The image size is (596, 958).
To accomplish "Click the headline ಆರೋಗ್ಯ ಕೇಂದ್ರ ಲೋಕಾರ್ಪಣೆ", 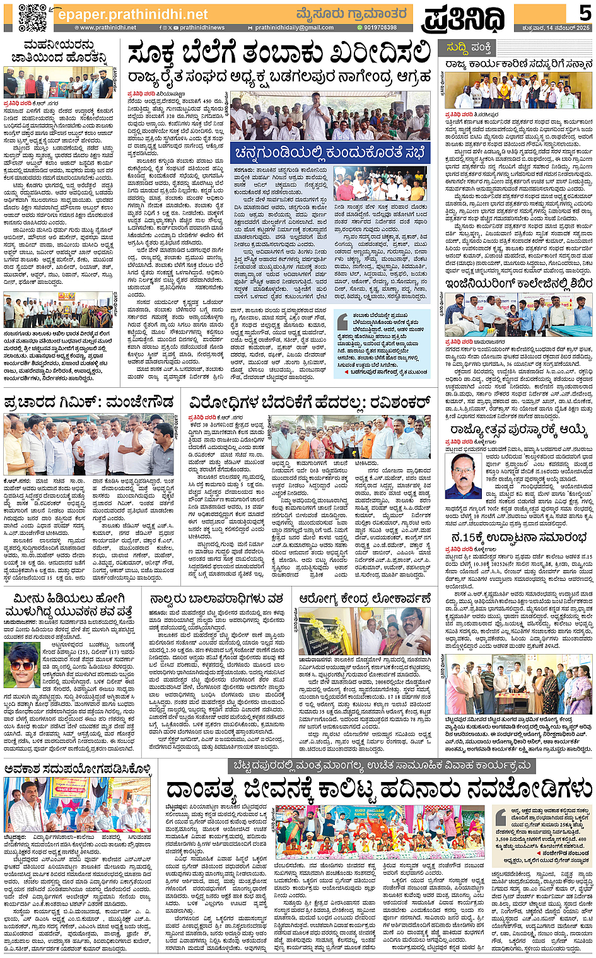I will (x=366, y=598).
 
